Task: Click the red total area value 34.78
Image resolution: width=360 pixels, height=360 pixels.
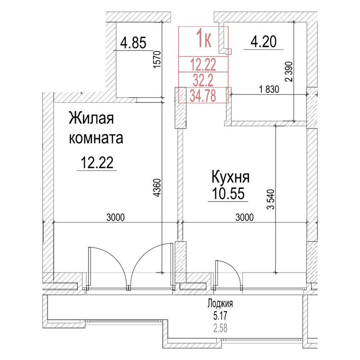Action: click(x=204, y=95)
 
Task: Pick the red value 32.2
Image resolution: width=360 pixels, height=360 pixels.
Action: click(x=203, y=80)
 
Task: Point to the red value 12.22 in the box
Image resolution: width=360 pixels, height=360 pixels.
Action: click(x=203, y=65)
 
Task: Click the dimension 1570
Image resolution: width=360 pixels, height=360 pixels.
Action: click(x=156, y=59)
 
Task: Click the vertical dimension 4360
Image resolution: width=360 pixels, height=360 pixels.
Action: click(x=156, y=189)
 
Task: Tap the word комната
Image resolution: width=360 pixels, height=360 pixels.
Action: click(x=96, y=138)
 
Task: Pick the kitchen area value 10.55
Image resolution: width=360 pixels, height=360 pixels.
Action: click(x=227, y=194)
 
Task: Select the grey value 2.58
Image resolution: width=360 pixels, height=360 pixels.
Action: click(x=220, y=327)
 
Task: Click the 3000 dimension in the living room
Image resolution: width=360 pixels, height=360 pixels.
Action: click(x=116, y=217)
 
